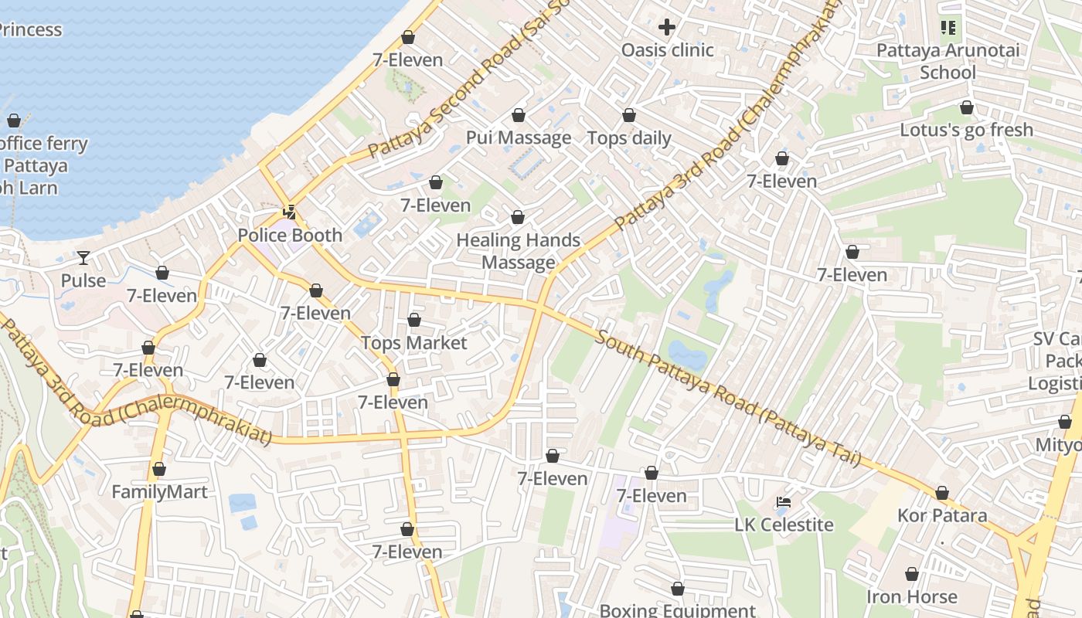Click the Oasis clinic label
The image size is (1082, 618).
(x=667, y=50)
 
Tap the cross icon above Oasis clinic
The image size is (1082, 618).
(x=667, y=28)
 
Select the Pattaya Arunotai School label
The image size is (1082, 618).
(x=948, y=62)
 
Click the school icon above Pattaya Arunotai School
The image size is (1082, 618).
(x=948, y=29)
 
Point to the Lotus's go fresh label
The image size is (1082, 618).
(x=966, y=130)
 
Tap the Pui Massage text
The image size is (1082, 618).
(x=519, y=138)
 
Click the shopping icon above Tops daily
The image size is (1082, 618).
(x=629, y=116)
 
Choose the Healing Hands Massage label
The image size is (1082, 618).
(x=519, y=251)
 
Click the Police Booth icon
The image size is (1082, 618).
(x=290, y=212)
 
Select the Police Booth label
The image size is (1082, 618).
(x=290, y=236)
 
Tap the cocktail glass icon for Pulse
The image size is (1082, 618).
(x=83, y=257)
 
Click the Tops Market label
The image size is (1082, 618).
(x=414, y=343)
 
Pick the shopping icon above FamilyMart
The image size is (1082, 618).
(x=159, y=470)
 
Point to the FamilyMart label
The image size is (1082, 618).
(x=159, y=492)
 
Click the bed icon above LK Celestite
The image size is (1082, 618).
(x=784, y=502)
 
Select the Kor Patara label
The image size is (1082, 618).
(x=942, y=515)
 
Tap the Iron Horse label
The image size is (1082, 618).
(x=912, y=597)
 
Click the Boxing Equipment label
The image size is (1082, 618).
(x=677, y=610)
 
